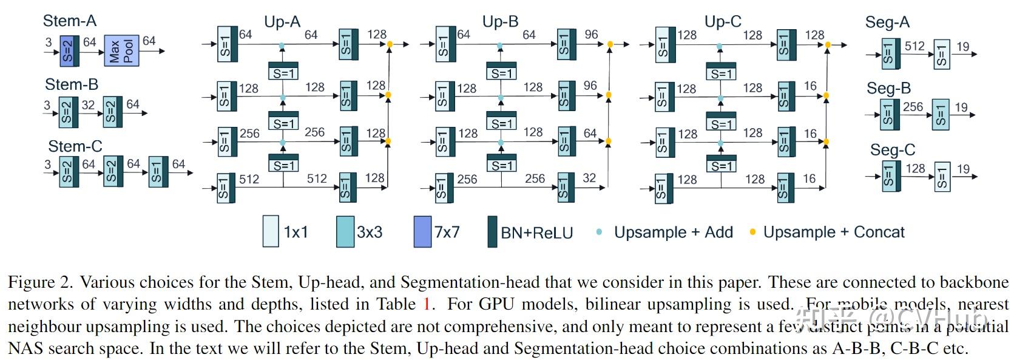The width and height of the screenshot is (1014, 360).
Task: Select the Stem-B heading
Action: click(72, 84)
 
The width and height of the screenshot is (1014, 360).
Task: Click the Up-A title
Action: click(282, 22)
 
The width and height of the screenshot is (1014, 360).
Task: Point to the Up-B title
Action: click(500, 22)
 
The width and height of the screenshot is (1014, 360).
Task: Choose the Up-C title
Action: click(722, 22)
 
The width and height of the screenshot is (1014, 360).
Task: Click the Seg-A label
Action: click(887, 23)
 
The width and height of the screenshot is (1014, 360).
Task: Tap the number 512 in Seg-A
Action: click(914, 46)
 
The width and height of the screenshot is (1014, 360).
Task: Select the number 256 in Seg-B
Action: click(913, 107)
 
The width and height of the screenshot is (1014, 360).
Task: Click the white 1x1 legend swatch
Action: click(271, 231)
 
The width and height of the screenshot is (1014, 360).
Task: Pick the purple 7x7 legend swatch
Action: click(422, 231)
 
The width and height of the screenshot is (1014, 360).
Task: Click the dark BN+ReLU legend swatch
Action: click(492, 231)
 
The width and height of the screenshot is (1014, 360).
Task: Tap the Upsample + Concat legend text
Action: click(833, 232)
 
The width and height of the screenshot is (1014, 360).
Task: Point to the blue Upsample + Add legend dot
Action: click(599, 232)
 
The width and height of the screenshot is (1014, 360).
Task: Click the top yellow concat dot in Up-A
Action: click(389, 44)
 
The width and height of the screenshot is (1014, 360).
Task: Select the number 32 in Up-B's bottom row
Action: click(589, 178)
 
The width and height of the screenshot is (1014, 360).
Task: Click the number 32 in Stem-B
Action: click(88, 105)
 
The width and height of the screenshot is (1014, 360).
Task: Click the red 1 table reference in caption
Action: click(427, 304)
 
